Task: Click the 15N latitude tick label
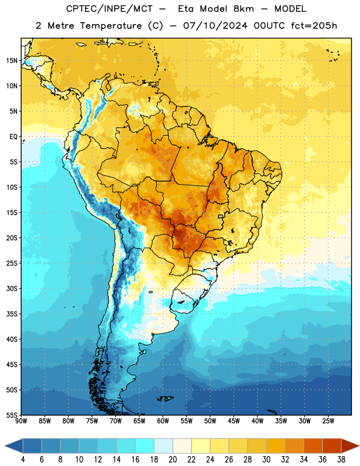12,61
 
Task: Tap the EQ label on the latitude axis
13,137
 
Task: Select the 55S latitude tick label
12,415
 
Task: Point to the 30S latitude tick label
12,288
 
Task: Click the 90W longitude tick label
21,421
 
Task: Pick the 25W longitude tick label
328,421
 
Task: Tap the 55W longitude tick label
186,421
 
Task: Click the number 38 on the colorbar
341,460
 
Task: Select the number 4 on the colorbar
23,460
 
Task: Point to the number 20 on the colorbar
172,460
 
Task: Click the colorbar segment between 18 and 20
163,446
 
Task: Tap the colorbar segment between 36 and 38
332,446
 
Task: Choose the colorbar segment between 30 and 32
276,446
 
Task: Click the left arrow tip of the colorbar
5,446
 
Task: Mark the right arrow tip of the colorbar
359,446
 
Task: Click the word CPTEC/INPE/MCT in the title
110,9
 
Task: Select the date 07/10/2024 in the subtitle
215,26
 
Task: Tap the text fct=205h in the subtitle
314,26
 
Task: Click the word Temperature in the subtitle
111,26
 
